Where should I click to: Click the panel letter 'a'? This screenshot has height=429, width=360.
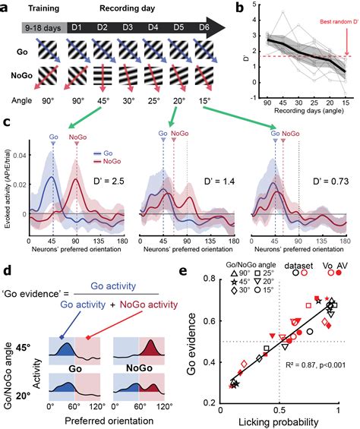click(8, 8)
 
